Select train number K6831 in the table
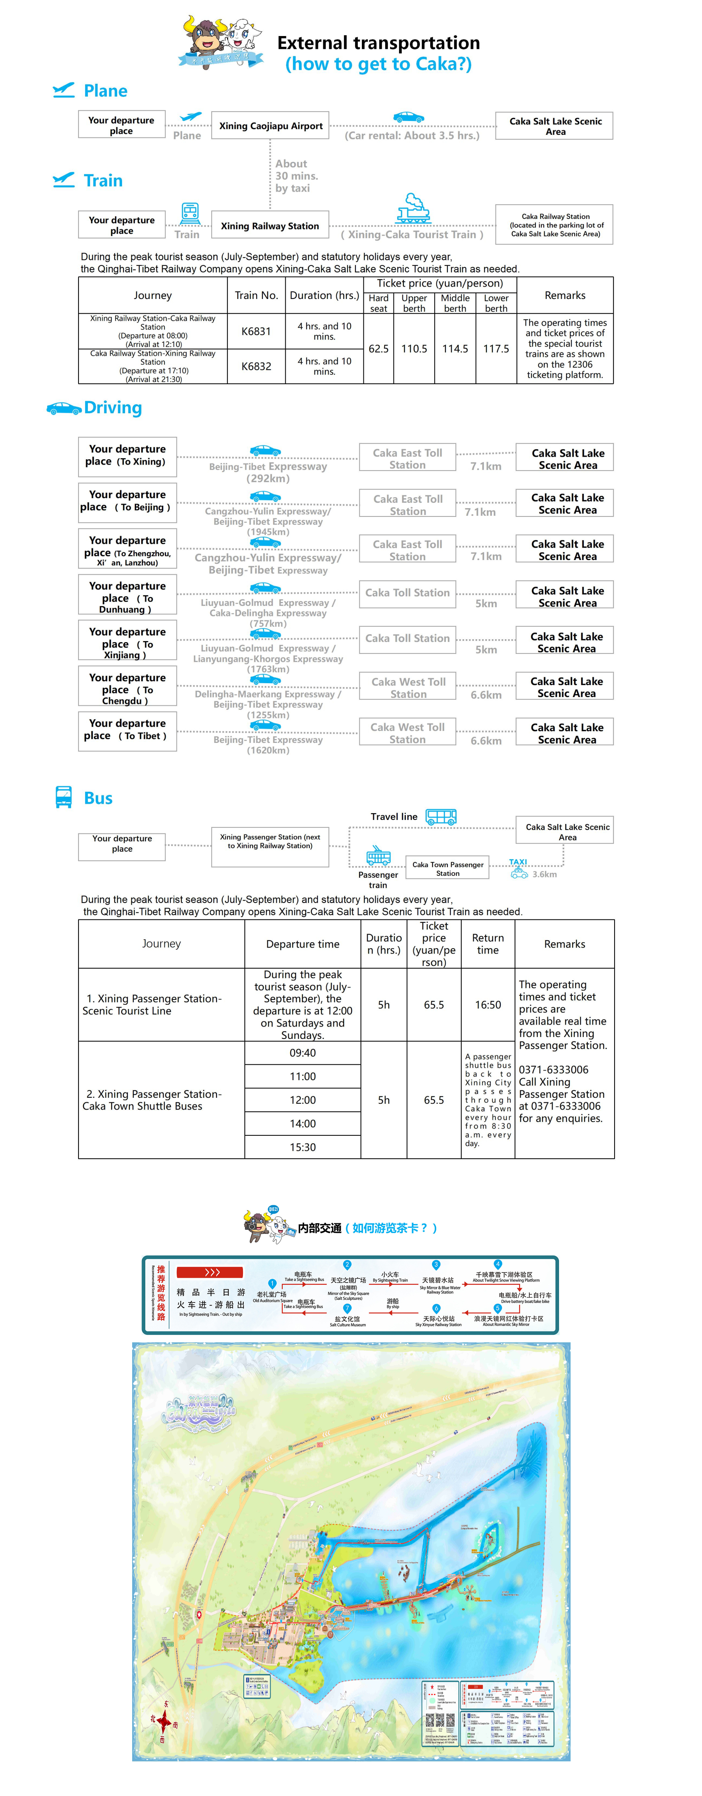256,331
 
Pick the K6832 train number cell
256,366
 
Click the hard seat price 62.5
378,349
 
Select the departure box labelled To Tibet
128,730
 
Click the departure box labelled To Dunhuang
128,595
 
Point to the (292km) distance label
268,478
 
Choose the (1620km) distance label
268,750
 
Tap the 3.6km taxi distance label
544,874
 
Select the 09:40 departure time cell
303,1053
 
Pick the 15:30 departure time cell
303,1147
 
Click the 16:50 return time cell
488,1005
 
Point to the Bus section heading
98,798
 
